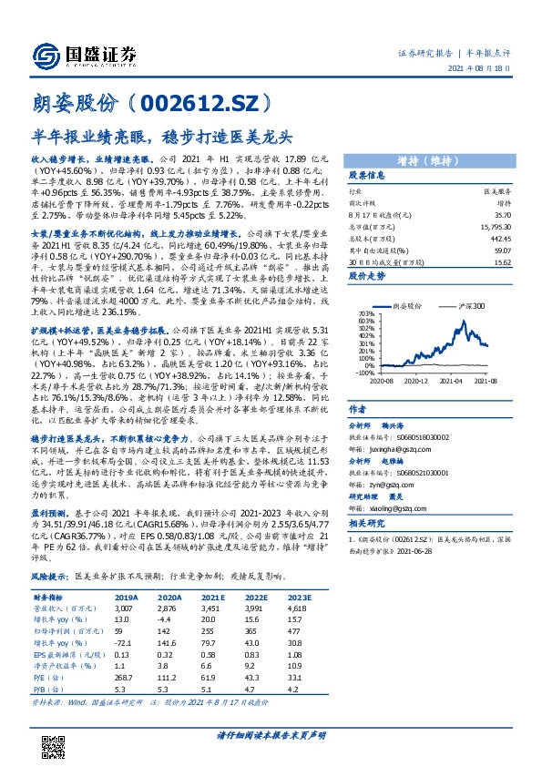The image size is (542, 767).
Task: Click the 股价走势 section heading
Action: pos(366,274)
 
